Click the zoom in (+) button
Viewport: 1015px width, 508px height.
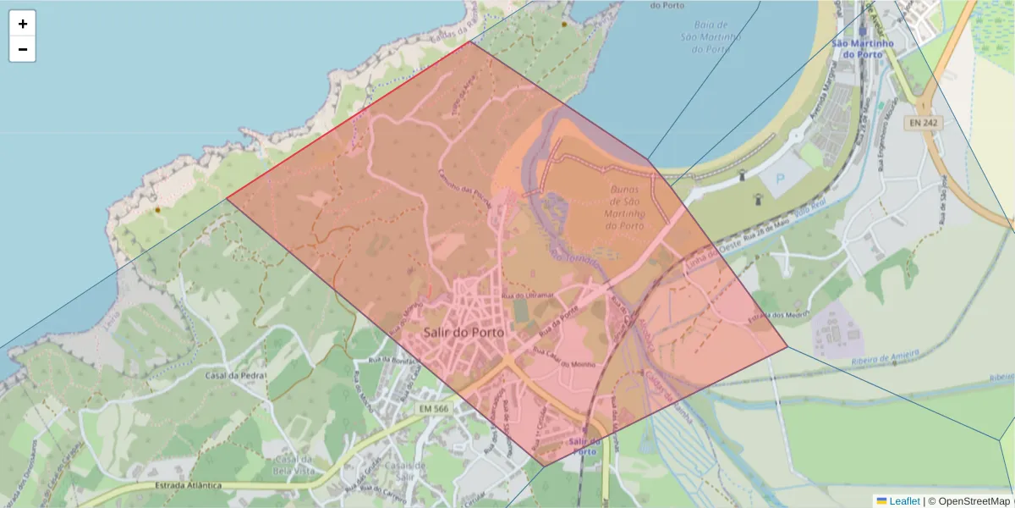click(x=23, y=24)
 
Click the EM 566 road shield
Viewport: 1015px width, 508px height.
click(x=434, y=409)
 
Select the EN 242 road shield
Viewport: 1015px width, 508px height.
click(x=924, y=124)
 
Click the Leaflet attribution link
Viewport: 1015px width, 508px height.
click(x=903, y=500)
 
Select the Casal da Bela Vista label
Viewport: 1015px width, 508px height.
click(x=283, y=464)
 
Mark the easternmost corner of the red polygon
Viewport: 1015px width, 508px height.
click(x=787, y=346)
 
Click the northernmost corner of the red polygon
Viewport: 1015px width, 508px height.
click(x=469, y=41)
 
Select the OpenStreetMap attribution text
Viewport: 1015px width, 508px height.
click(x=973, y=500)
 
